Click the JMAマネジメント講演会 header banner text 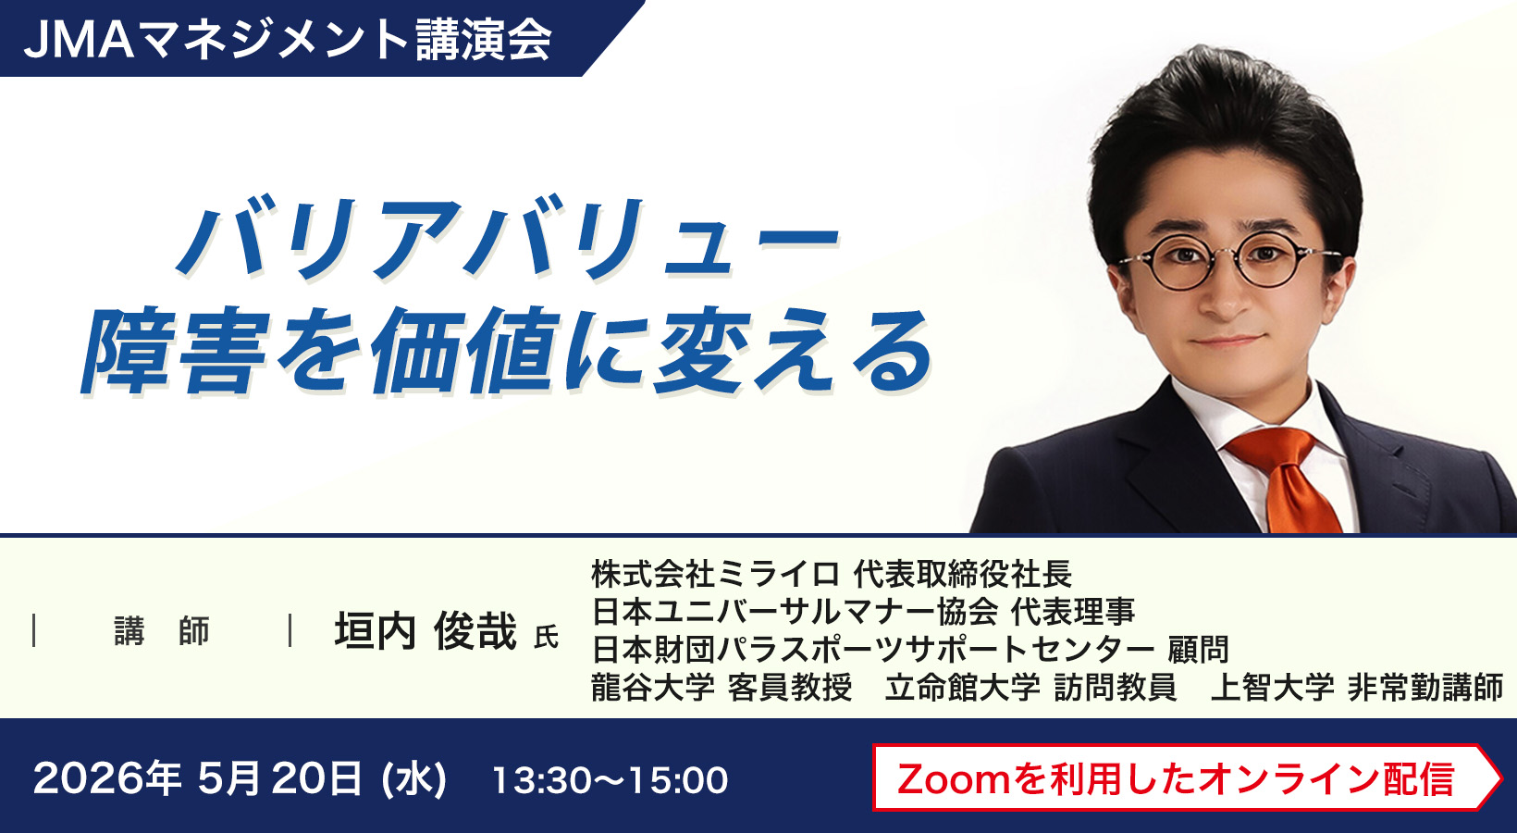288,39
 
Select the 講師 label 162,631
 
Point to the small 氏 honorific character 546,637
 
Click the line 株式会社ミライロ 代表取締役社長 832,574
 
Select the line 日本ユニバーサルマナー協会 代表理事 863,612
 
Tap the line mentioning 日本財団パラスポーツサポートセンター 910,650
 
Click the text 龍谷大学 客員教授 721,688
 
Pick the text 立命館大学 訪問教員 1030,688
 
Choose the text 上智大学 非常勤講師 1357,688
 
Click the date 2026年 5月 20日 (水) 240,778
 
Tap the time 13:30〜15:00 610,780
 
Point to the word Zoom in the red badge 954,778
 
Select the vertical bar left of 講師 34,630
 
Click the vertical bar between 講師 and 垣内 290,630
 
